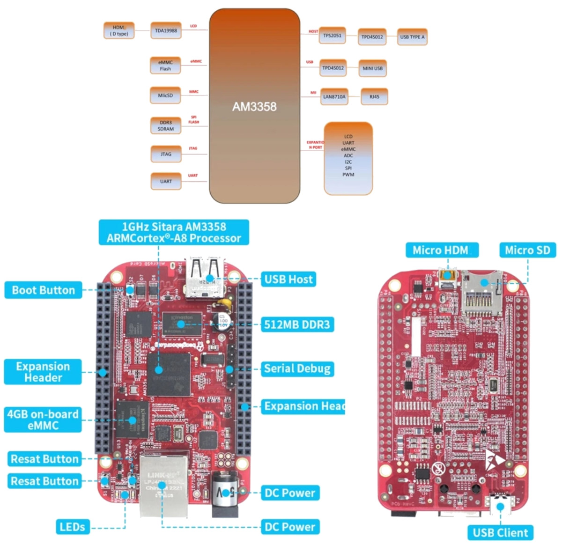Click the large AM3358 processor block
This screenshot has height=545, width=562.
click(254, 106)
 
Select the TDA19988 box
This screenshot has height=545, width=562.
click(166, 31)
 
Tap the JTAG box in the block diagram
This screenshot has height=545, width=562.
click(166, 154)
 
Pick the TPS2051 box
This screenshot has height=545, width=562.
click(332, 36)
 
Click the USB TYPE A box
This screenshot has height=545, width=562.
click(412, 37)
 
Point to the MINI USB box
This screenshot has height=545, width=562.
click(372, 68)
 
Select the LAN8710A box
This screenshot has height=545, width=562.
click(334, 97)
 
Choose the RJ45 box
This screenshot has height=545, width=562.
click(374, 97)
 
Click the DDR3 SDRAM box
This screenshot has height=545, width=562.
click(166, 125)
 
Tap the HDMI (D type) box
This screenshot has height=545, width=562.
click(118, 31)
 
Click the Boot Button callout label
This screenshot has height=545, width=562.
click(43, 290)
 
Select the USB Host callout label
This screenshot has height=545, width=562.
click(288, 280)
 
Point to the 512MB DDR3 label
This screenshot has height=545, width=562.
click(297, 324)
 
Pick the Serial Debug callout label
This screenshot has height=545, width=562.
click(297, 368)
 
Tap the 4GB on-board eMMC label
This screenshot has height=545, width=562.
click(43, 420)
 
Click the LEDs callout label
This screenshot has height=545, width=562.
click(72, 527)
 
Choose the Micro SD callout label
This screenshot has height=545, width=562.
click(527, 250)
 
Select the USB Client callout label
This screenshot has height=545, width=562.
click(500, 532)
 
